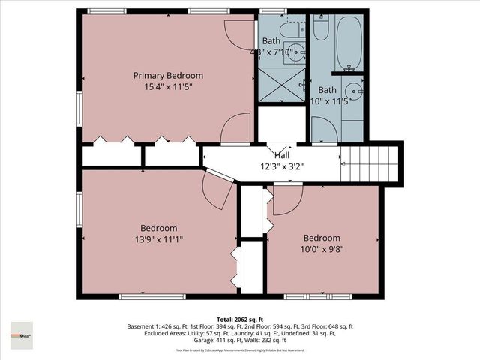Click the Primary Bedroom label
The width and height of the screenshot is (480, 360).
tap(168, 76)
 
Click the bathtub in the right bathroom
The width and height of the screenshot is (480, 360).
tap(349, 43)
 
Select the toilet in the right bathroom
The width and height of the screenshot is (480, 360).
tap(321, 28)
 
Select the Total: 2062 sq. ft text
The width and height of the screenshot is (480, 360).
tap(239, 318)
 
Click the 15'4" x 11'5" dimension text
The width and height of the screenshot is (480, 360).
tap(168, 87)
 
